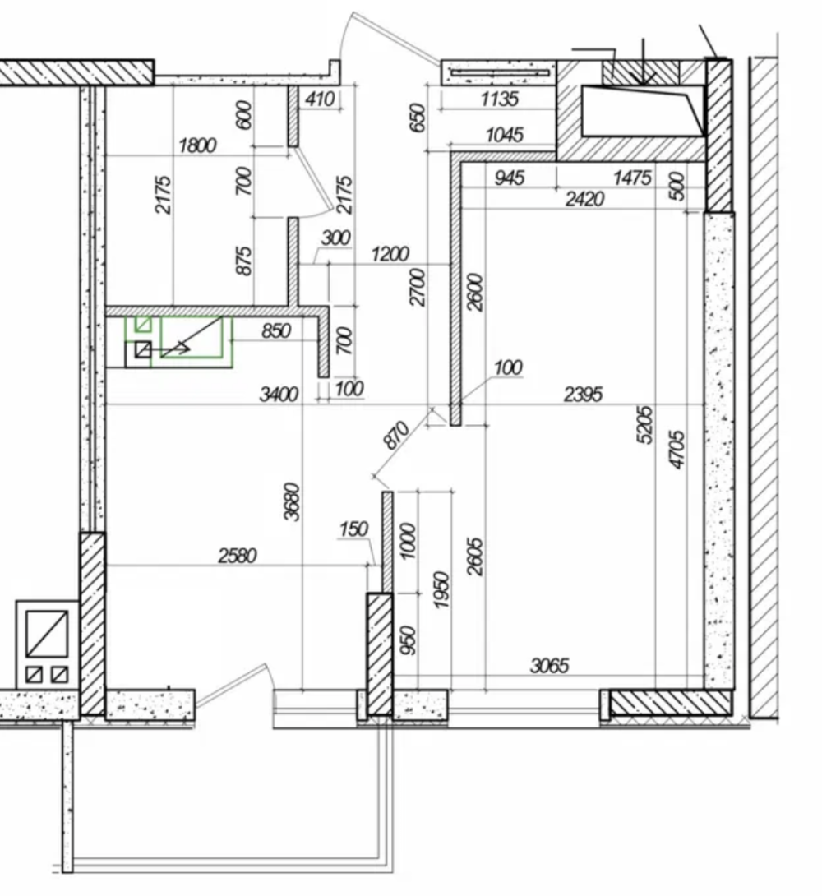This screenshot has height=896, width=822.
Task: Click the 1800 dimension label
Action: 197,145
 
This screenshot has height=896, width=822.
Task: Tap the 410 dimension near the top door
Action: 319,99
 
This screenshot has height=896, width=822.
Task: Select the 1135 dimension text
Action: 499,99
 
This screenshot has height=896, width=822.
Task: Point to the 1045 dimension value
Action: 505,135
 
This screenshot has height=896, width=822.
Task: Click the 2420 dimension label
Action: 584,199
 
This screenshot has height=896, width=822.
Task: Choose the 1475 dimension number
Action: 632,178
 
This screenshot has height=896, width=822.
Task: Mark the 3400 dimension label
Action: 279,394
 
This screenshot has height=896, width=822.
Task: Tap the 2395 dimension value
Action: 583,394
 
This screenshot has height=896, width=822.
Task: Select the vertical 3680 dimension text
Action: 292,501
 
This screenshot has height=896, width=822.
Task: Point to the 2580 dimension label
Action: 238,555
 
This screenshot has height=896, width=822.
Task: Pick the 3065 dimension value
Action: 550,665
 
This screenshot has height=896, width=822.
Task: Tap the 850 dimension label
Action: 276,330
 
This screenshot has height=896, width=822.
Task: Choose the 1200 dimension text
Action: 390,253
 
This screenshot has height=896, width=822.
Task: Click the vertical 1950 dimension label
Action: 441,589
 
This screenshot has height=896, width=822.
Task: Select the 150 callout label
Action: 353,529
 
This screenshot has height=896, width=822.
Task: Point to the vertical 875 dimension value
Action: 244,261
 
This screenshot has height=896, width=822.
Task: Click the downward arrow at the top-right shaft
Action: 644,62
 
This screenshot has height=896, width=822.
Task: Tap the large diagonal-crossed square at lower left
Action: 48,633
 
